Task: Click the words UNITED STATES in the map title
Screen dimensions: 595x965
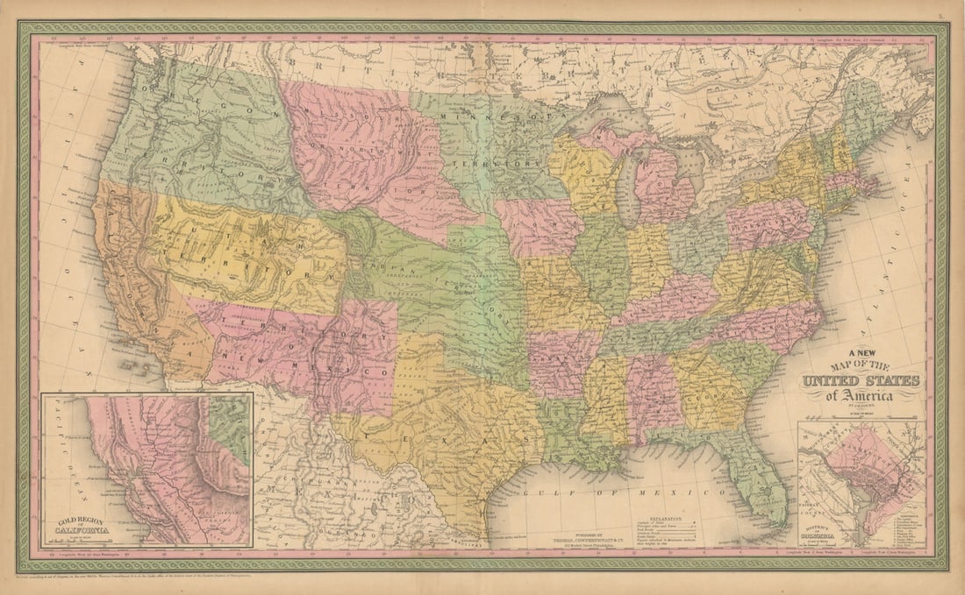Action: (861, 381)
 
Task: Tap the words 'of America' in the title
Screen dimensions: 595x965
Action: (860, 395)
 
